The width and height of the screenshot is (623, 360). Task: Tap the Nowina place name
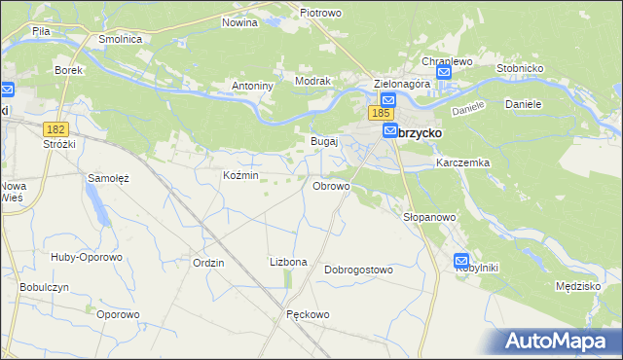pos(239,21)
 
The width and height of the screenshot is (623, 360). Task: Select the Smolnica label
pos(121,39)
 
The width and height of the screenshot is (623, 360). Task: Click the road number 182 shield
pos(55,128)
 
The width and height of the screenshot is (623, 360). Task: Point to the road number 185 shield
pos(381,114)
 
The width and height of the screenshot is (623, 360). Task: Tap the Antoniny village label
pos(251,86)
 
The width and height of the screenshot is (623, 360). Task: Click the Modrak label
pos(313,82)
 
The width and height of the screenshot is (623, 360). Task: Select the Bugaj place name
pos(323,141)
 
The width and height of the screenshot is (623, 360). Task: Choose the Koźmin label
pos(240,175)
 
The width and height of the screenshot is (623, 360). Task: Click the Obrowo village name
pos(331,185)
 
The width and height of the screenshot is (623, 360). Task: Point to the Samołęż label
pos(109,178)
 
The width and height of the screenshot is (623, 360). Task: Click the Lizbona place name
pos(288,263)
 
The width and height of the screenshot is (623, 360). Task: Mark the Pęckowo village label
pos(309,314)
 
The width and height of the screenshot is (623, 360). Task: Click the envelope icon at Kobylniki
pos(462,262)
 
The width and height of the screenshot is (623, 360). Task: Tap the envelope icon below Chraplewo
pos(444,73)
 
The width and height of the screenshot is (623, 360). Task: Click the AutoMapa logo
pos(558,341)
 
